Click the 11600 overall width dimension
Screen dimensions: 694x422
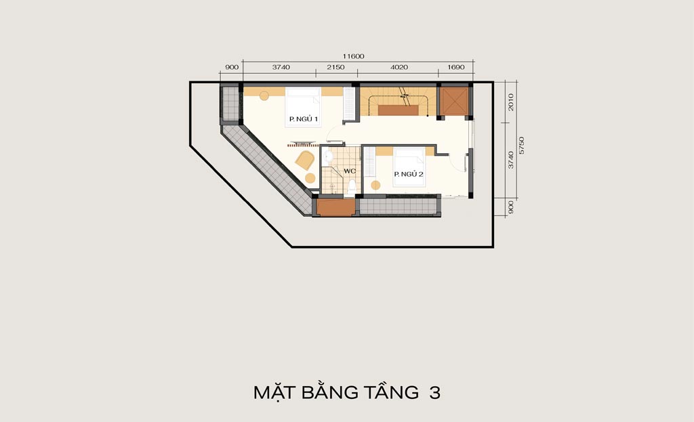(x=353, y=56)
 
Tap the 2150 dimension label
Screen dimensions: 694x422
(x=335, y=67)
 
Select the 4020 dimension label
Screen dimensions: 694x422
(x=399, y=67)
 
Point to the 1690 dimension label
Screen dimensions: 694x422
(x=456, y=67)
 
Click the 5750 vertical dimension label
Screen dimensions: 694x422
(x=522, y=145)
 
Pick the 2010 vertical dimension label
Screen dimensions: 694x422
(x=511, y=102)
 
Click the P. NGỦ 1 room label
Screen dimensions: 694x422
(x=304, y=119)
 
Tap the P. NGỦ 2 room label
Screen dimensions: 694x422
(x=409, y=174)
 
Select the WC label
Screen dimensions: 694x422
(x=350, y=171)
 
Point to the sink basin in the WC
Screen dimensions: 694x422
(x=328, y=156)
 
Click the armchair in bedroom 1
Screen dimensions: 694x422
(x=305, y=160)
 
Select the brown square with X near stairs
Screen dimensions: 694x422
(x=454, y=101)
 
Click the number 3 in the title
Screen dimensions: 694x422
(x=435, y=392)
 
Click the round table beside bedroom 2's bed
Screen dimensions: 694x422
(x=375, y=186)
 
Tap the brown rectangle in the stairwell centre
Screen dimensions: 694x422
(x=399, y=110)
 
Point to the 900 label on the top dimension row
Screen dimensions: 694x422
(x=232, y=67)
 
